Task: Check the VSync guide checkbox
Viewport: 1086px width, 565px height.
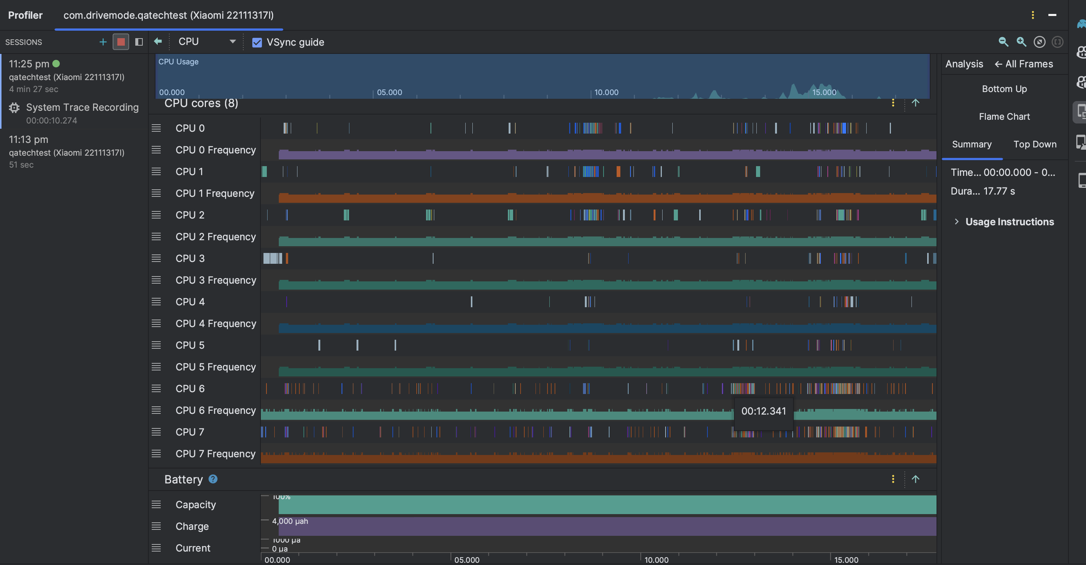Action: tap(257, 42)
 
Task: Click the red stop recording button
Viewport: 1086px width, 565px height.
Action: tap(121, 42)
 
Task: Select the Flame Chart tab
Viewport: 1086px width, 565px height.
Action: tap(1004, 116)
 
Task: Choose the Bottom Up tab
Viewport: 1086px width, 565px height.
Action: tap(1004, 89)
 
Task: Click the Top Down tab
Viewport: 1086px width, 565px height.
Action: tap(1034, 144)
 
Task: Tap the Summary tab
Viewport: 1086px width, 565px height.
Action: tap(971, 144)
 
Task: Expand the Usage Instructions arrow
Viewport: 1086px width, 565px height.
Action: tap(956, 222)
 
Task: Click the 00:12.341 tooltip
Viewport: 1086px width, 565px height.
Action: tap(763, 411)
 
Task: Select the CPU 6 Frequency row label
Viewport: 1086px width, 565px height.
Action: tap(215, 410)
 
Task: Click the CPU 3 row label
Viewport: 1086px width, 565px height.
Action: tap(190, 258)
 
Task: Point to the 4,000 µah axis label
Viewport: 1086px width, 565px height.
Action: tap(290, 521)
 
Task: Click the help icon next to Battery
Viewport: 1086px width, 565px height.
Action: tap(213, 479)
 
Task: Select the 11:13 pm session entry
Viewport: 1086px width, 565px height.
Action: tap(66, 152)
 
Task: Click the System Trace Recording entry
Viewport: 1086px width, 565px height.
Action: tap(82, 108)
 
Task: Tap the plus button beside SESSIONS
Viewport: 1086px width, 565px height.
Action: tap(102, 42)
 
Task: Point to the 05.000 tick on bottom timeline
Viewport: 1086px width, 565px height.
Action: tap(466, 559)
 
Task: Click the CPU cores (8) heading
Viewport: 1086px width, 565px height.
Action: tap(201, 103)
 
